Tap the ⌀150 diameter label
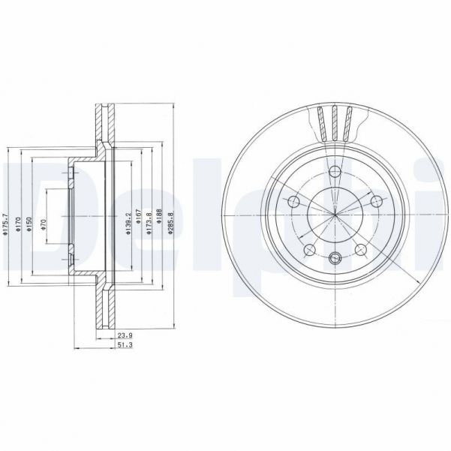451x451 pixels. click(29, 223)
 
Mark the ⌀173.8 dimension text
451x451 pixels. click(150, 223)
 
